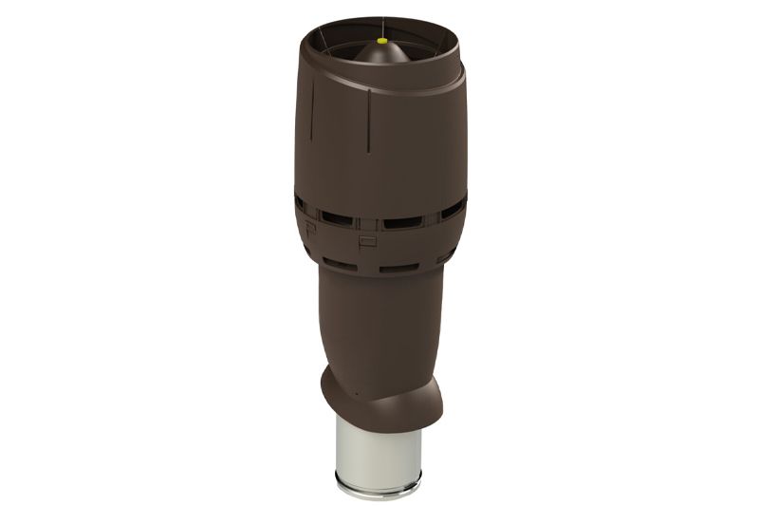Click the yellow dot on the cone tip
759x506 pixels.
[x=380, y=41]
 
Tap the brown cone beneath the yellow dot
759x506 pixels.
[x=380, y=57]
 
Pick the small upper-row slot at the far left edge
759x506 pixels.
[x=300, y=202]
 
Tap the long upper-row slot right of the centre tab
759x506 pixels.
[x=404, y=222]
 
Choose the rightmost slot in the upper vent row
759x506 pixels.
[x=454, y=206]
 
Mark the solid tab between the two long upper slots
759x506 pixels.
[x=370, y=223]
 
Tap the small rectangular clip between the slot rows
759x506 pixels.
[x=368, y=241]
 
